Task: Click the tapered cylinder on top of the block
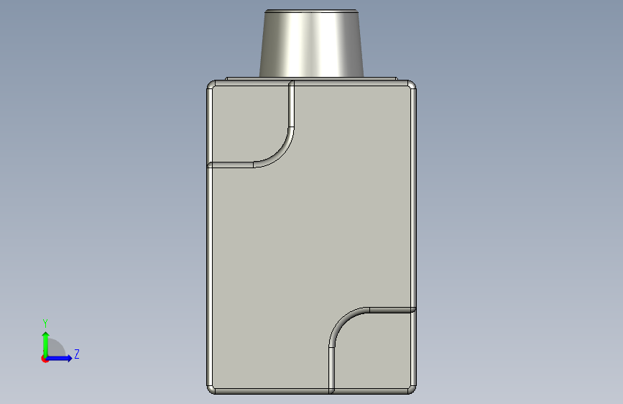pos(311,44)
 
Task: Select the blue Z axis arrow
pos(59,358)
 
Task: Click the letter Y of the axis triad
pos(45,323)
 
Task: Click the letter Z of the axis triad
pos(77,354)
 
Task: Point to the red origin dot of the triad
pos(44,359)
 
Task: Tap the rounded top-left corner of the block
pos(211,84)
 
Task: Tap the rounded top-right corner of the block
pos(412,84)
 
